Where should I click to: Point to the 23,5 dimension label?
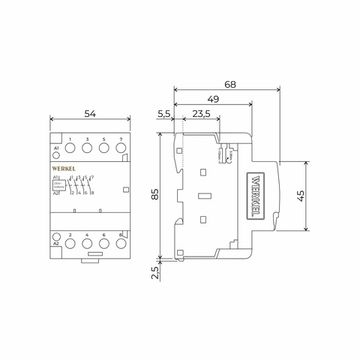click(201, 116)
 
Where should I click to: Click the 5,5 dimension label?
click(164, 116)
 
